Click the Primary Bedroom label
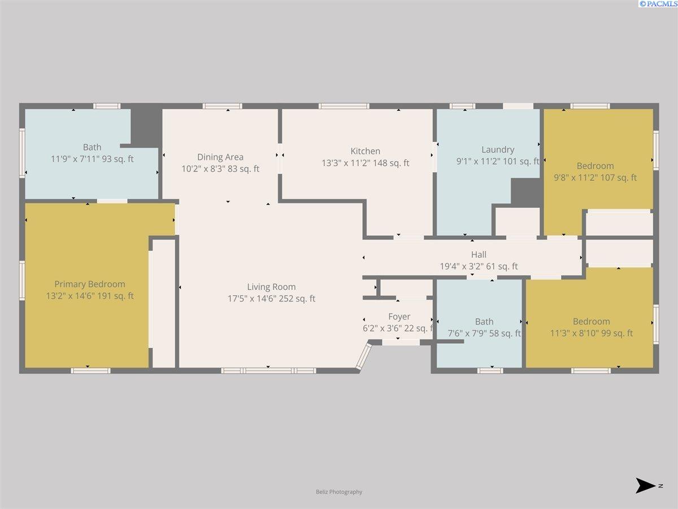(90, 284)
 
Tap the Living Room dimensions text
(271, 299)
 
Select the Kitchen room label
(366, 151)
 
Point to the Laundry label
(498, 149)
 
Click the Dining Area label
(220, 157)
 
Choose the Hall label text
(479, 255)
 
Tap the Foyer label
(399, 317)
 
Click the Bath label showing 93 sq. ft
(92, 147)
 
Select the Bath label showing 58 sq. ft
(484, 321)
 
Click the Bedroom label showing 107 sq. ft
(595, 166)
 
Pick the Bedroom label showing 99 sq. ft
(591, 321)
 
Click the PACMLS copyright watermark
(657, 4)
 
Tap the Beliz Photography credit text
(339, 491)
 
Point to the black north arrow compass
(645, 485)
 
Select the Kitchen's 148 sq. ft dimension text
(366, 163)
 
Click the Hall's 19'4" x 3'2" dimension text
(479, 266)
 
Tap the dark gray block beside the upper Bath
(146, 126)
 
